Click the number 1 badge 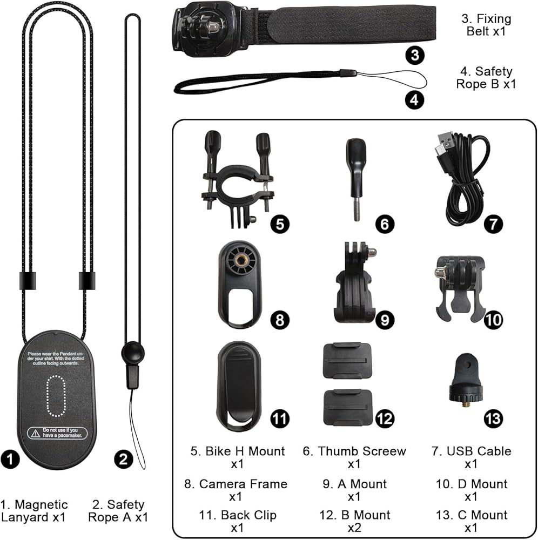tap(12, 460)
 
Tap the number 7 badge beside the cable tap(493, 224)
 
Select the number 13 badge tap(493, 417)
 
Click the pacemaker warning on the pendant tap(57, 433)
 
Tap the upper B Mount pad tap(347, 361)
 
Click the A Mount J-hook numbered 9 tap(354, 283)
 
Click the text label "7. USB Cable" tap(471, 451)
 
